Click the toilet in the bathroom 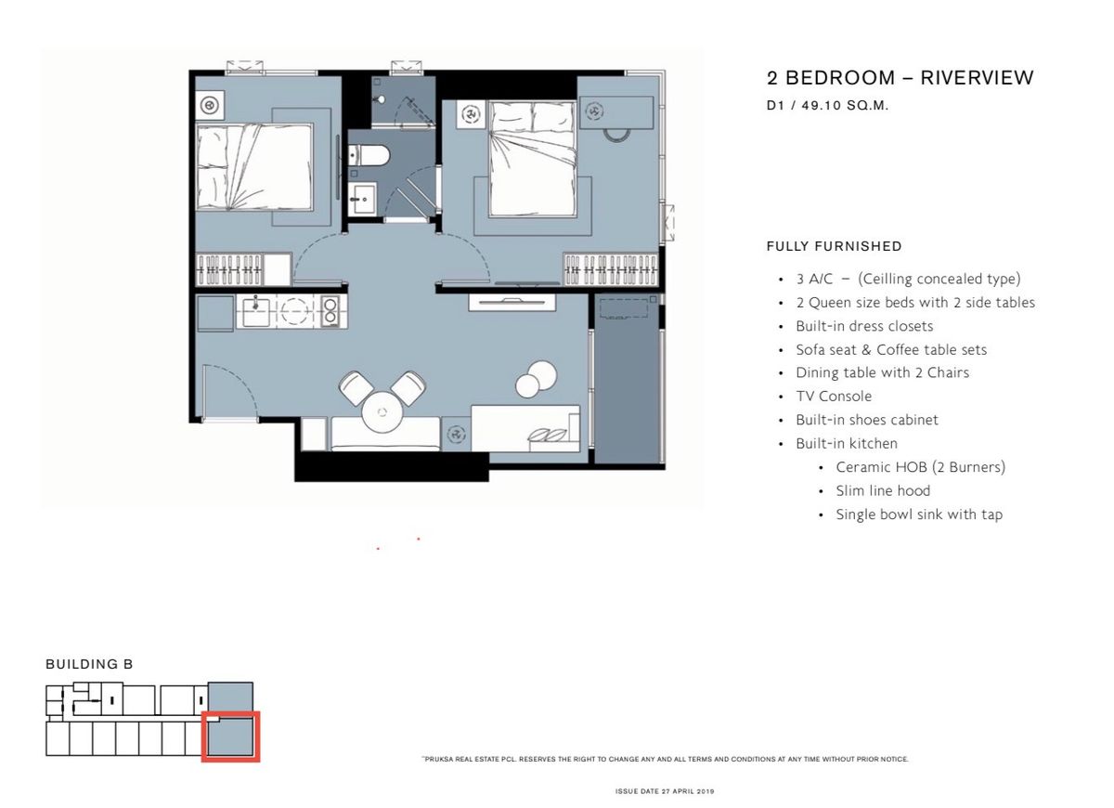368,156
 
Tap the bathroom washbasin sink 361,199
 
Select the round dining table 382,412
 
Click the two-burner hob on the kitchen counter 330,311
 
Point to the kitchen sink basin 255,312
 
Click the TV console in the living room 512,302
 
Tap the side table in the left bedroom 210,105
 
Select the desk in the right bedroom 615,112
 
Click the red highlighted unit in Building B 231,736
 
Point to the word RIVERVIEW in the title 978,78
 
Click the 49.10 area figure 821,106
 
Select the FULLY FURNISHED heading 834,246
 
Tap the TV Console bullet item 834,396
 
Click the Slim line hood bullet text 883,490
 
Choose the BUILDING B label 89,664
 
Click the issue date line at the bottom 665,791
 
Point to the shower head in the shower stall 381,99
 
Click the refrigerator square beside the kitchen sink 215,313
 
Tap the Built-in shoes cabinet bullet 867,420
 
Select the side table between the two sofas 456,434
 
